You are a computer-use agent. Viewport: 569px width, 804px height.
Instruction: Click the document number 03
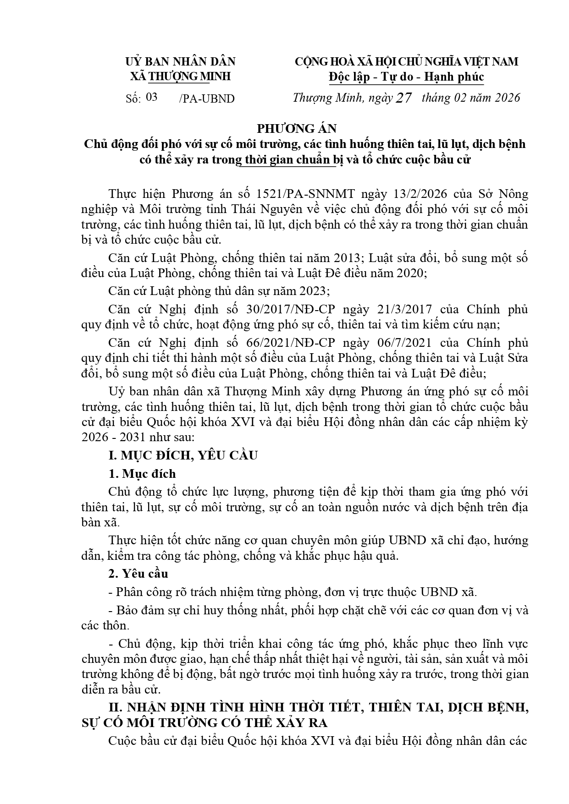(151, 97)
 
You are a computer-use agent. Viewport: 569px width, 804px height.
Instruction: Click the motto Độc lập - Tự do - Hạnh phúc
(406, 77)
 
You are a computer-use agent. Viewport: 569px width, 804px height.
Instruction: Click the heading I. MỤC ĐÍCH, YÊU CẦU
(183, 455)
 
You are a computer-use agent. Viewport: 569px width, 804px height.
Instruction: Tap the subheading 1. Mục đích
(142, 474)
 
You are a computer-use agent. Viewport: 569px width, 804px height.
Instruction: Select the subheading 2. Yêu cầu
(138, 574)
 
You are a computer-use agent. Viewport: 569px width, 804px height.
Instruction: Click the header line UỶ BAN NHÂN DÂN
(180, 61)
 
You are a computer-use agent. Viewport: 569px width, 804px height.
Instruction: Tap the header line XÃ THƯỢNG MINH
(180, 77)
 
